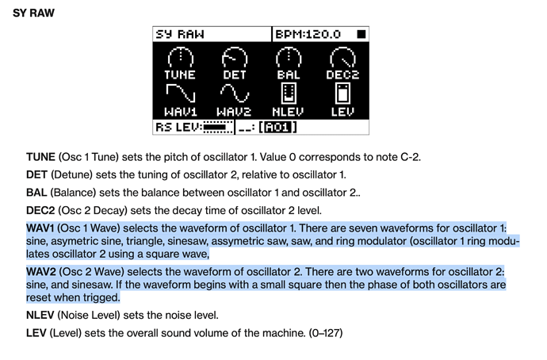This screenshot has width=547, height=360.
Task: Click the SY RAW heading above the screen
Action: (x=33, y=13)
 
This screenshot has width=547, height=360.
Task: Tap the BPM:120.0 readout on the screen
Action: (x=308, y=34)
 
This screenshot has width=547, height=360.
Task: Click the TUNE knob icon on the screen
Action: (x=180, y=57)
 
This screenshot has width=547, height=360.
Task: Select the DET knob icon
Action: (x=234, y=57)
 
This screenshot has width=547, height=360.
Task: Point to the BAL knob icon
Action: (x=289, y=57)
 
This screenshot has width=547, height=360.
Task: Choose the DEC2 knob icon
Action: (x=342, y=57)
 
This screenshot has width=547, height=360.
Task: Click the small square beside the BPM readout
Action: (x=361, y=34)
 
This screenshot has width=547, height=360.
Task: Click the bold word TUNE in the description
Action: (x=40, y=157)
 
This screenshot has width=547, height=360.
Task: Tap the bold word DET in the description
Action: (x=36, y=174)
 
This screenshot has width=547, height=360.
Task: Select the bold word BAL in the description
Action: (x=36, y=193)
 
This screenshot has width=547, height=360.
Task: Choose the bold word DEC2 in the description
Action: (x=41, y=210)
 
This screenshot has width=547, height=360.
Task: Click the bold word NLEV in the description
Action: (x=41, y=315)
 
